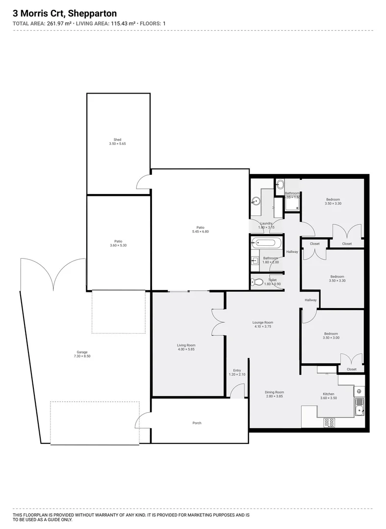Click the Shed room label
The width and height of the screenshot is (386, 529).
point(117,140)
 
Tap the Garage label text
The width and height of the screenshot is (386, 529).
point(82,352)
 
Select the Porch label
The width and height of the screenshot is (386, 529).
point(197,423)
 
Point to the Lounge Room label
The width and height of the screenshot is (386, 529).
point(262,322)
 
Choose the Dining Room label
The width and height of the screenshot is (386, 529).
point(274,392)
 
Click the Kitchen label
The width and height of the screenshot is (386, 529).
point(328,394)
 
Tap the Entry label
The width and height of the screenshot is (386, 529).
point(237,370)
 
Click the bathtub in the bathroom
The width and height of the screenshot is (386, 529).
point(266,242)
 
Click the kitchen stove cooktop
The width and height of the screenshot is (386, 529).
point(329,422)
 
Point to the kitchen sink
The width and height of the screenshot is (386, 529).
point(360,406)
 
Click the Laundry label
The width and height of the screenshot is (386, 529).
point(266,223)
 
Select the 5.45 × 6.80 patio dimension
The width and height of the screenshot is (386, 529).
point(201,231)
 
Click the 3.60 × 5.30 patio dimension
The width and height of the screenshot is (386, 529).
point(118,245)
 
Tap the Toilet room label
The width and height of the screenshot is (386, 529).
point(272,280)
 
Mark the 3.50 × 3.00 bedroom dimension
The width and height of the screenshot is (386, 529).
point(331,338)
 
